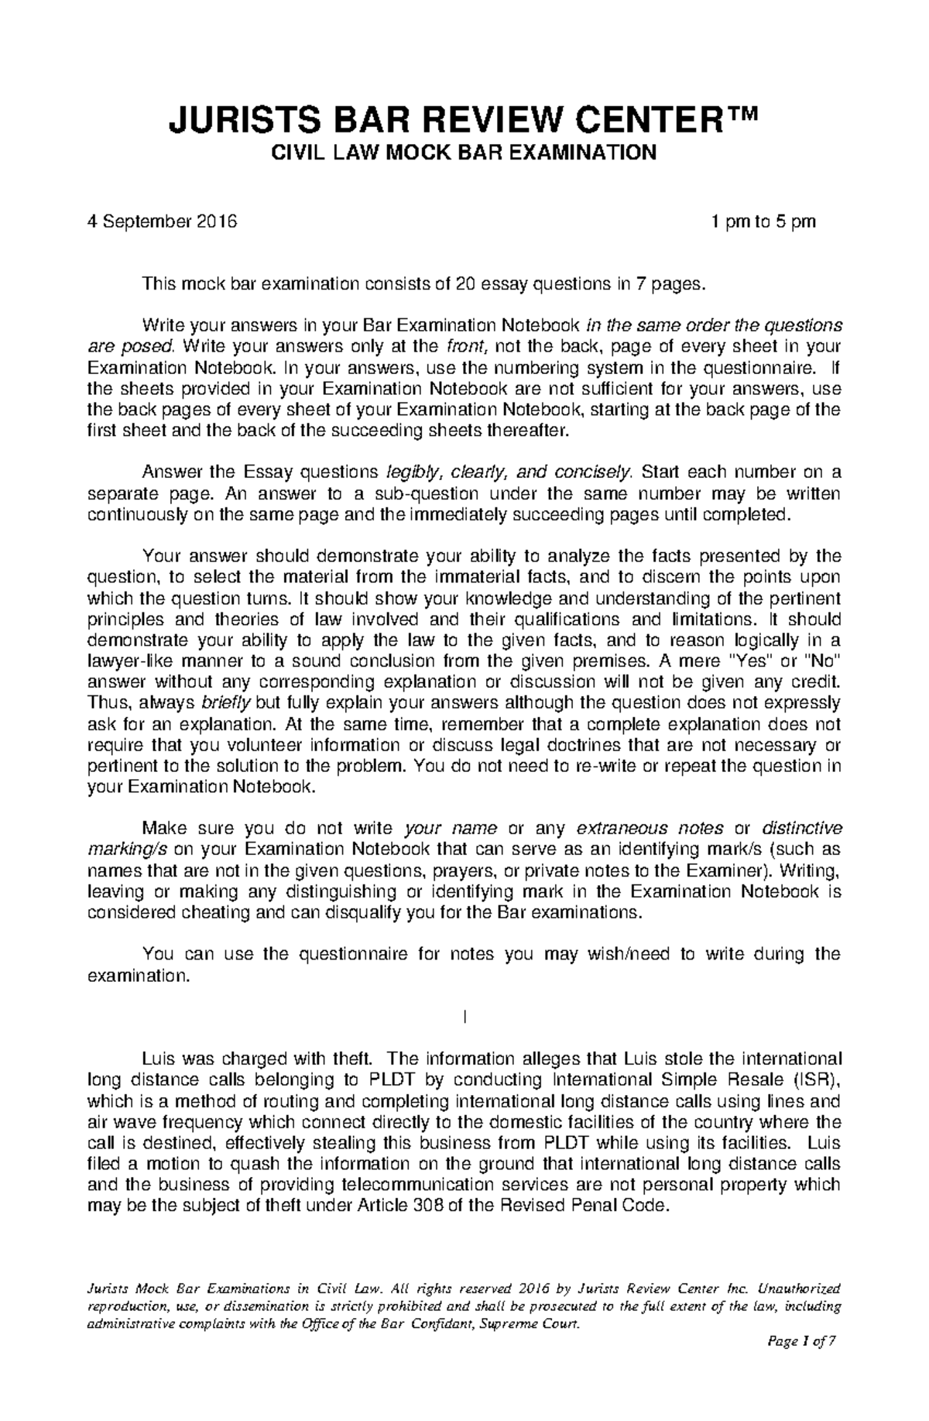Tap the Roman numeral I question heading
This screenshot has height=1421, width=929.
tap(464, 1017)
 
